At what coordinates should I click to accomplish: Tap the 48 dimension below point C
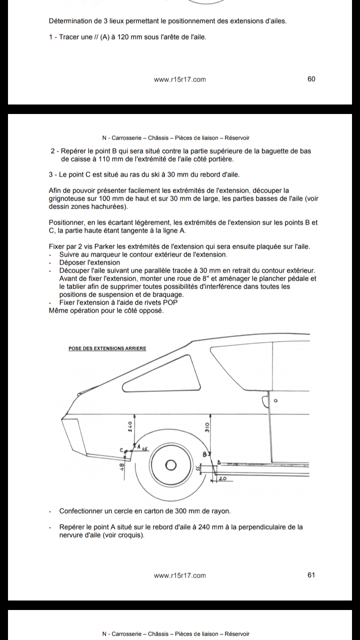point(121,466)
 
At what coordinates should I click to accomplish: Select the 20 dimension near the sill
point(222,478)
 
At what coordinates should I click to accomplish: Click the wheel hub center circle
point(170,465)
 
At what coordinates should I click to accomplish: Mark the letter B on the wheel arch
point(204,454)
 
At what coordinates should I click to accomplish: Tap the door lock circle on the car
point(275,401)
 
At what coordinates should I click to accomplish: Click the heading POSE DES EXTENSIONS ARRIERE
point(107,348)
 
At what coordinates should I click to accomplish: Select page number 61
point(311,575)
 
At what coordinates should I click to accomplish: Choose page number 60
point(311,79)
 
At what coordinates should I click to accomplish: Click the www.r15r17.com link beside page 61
point(179,575)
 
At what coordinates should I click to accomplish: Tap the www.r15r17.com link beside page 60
point(179,79)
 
